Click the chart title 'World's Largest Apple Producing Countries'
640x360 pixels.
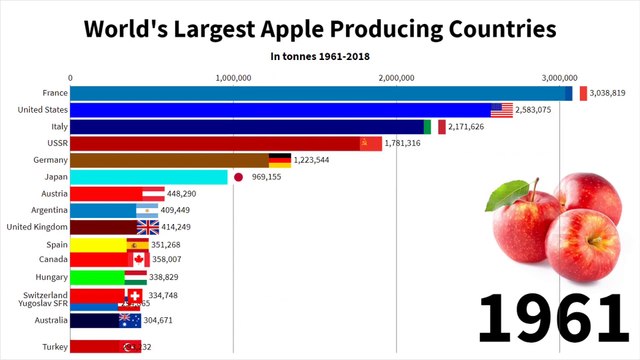[x=319, y=28]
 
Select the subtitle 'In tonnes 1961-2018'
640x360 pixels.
[x=319, y=57]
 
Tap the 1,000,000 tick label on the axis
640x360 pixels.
[x=233, y=76]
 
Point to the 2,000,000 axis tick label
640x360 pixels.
[x=397, y=76]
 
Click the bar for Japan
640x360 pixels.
[x=149, y=177]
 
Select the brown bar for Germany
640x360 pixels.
[x=170, y=160]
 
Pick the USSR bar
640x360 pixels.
[x=220, y=143]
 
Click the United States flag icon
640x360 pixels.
[x=502, y=110]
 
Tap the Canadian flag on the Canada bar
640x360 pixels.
[x=138, y=259]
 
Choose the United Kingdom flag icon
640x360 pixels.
[x=148, y=227]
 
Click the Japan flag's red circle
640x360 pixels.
[x=239, y=177]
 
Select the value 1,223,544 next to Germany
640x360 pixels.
[x=319, y=160]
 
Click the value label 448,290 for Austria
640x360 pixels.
[x=189, y=194]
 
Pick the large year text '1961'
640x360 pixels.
[x=551, y=317]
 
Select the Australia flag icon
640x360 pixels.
[x=130, y=321]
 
